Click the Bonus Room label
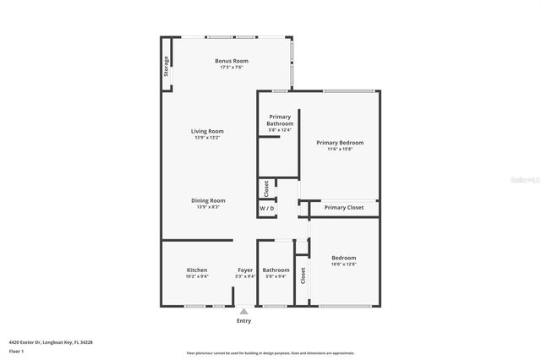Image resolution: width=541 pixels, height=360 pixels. tap(231, 61)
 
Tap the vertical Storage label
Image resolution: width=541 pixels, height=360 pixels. tap(167, 66)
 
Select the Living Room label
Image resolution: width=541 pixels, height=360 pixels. tap(207, 131)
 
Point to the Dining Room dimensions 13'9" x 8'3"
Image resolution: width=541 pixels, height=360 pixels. tap(207, 207)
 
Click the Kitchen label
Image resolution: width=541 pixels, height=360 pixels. tap(197, 270)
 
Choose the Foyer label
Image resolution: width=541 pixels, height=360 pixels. tap(245, 270)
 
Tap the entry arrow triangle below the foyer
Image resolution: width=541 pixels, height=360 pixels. tap(243, 312)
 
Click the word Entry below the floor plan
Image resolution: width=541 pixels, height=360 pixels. tap(243, 321)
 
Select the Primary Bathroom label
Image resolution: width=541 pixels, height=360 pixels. tap(280, 120)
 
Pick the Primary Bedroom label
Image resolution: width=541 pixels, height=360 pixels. tap(340, 143)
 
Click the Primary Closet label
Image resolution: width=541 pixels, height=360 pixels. tap(344, 207)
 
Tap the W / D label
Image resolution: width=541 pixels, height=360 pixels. tap(267, 208)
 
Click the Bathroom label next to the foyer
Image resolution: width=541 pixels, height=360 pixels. tap(276, 270)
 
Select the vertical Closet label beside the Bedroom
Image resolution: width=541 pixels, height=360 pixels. tap(303, 276)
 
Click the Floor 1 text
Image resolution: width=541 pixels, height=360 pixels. tap(17, 350)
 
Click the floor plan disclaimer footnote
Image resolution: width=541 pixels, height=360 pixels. tap(270, 353)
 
